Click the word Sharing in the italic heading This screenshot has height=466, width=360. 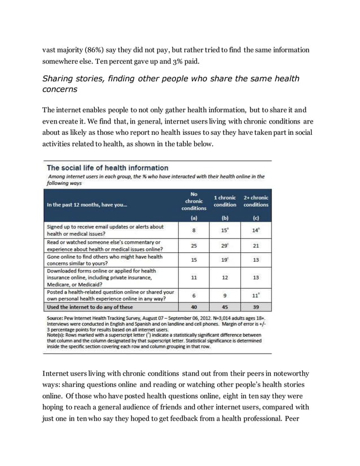click(60, 78)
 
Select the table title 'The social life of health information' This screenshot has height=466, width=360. click(107, 168)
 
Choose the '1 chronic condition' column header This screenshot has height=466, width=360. click(225, 201)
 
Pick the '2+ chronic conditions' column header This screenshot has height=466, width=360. click(256, 201)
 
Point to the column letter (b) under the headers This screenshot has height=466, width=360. click(225, 217)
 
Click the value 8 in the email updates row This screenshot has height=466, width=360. click(194, 230)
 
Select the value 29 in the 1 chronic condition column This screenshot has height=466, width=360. click(225, 245)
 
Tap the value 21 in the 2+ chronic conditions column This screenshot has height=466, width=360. click(256, 245)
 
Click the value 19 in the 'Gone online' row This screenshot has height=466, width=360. click(225, 260)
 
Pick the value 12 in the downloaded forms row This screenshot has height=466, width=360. click(225, 278)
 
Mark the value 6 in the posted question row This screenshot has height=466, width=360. click(194, 296)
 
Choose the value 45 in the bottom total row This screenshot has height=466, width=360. click(225, 307)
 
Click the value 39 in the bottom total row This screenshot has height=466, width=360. click(256, 307)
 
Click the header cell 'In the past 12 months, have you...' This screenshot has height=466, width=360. click(87, 205)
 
